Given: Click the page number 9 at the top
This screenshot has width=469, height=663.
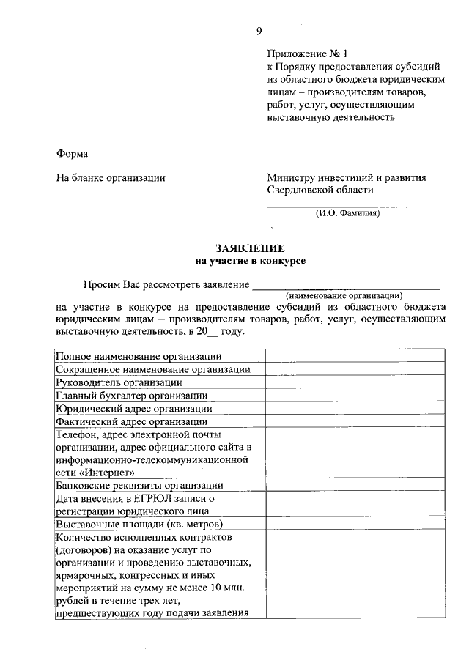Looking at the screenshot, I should [x=259, y=31].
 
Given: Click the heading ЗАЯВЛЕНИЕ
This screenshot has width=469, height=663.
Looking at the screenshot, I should [x=249, y=248].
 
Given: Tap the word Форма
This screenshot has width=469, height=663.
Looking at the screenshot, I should [x=72, y=153].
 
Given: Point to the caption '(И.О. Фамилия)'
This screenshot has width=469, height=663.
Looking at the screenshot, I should [x=347, y=214].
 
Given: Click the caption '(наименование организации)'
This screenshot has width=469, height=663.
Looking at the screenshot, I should [x=344, y=294].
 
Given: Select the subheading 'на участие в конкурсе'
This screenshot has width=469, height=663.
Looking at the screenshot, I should [x=249, y=260].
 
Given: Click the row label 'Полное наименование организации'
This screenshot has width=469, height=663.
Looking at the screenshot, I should [x=129, y=356].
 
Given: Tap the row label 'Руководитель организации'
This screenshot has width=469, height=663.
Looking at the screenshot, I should [x=119, y=382].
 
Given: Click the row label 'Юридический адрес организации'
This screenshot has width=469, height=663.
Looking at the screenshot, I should [x=134, y=409].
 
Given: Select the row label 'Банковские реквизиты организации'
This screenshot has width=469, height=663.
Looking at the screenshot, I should [x=139, y=486].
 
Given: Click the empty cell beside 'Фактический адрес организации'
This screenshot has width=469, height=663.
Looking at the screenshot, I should [x=355, y=422].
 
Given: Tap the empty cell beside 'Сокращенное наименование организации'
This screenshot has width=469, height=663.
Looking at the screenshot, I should [x=355, y=369].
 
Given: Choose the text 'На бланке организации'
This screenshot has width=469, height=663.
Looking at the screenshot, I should [x=111, y=177].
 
